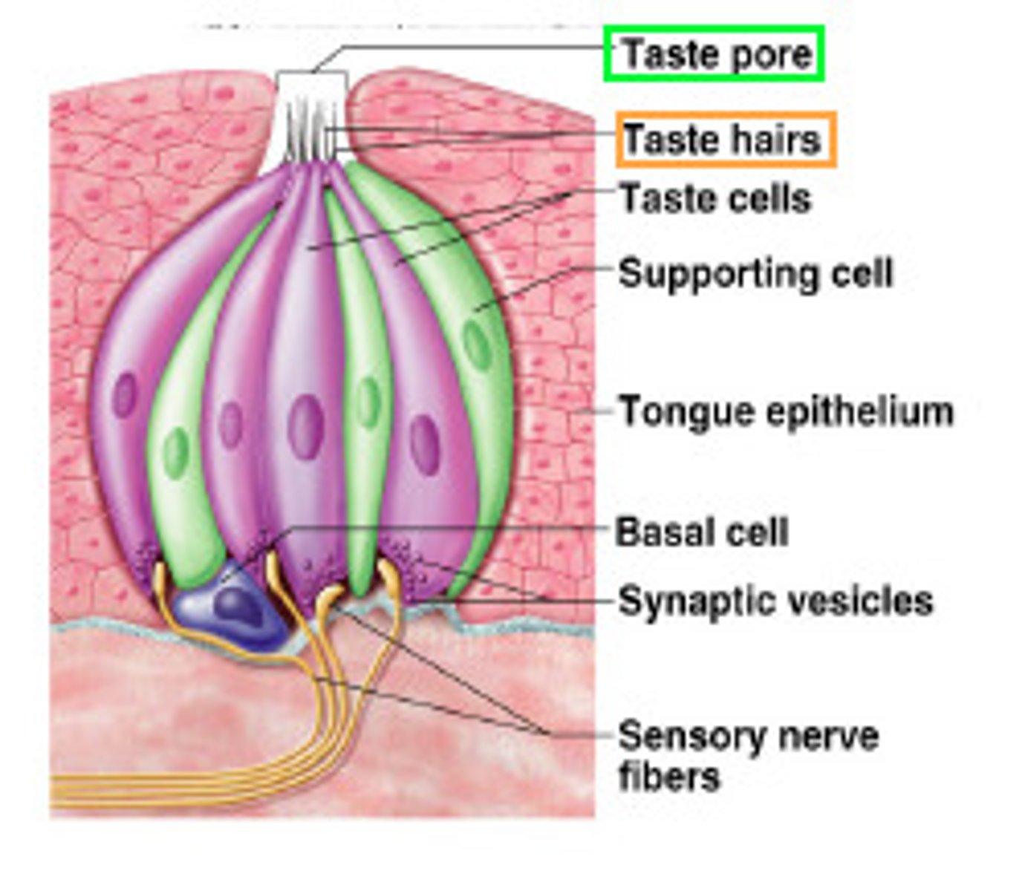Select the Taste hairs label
721,140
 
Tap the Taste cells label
715,199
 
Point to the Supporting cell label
755,273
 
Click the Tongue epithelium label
786,411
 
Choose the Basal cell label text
702,532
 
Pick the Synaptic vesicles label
775,601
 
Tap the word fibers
668,777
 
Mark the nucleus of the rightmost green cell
478,345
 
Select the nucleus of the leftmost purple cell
125,395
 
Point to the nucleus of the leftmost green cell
176,453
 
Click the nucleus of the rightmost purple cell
425,445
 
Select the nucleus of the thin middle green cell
368,403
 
